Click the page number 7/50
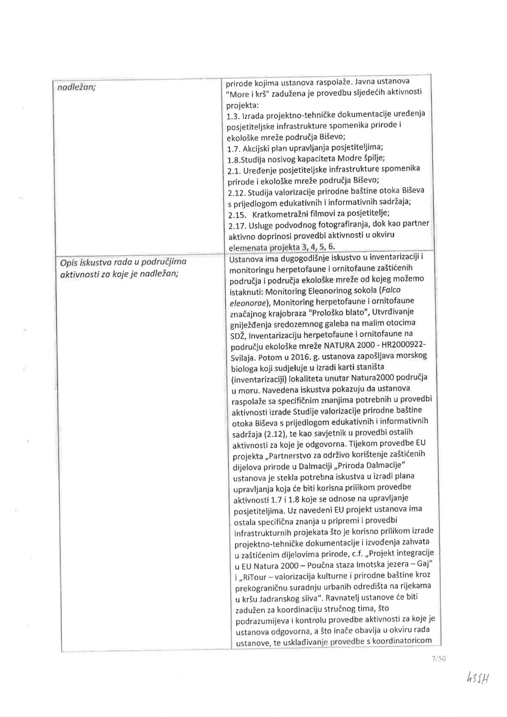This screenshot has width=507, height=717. (x=438, y=659)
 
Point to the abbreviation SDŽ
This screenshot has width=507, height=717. (x=238, y=336)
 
